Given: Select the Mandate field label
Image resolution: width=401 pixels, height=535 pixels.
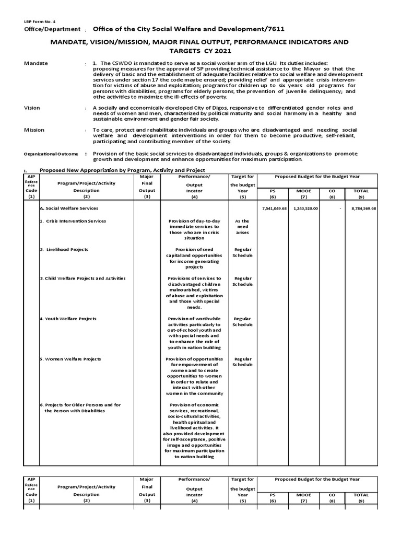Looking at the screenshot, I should [x=36, y=63].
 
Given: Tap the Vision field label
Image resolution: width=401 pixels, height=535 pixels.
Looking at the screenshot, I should [x=32, y=108].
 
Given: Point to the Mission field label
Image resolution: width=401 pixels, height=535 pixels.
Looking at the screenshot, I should [x=34, y=130].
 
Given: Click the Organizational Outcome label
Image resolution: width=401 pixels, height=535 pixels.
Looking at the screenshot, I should [x=51, y=154].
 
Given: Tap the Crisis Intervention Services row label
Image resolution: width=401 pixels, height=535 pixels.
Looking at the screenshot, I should [x=75, y=221].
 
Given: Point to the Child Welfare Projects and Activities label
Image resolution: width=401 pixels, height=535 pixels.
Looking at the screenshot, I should [x=84, y=278].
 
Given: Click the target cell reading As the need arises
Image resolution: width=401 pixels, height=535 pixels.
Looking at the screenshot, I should [x=243, y=227].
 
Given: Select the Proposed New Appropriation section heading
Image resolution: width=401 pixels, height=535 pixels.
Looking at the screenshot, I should [x=123, y=170].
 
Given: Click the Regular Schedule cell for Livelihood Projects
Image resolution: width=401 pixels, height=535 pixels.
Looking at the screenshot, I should [x=243, y=253].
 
